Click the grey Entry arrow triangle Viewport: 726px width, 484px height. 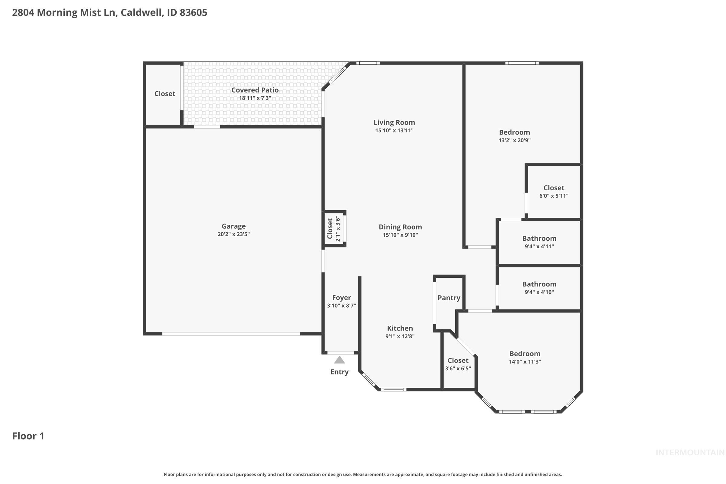click(x=339, y=360)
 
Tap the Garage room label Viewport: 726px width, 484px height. click(x=233, y=226)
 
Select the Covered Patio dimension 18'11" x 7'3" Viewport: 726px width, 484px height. click(x=255, y=98)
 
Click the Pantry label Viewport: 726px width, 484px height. click(x=449, y=298)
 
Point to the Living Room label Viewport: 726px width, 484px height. click(x=394, y=122)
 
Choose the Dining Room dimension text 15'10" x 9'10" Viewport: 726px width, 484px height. click(x=400, y=235)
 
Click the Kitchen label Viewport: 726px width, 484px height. click(x=400, y=328)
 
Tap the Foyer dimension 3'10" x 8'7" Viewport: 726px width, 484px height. click(x=342, y=306)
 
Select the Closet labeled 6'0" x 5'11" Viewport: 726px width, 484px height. click(x=554, y=188)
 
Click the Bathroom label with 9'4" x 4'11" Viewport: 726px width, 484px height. click(x=539, y=238)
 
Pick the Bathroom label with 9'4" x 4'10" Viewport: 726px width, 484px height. click(x=539, y=284)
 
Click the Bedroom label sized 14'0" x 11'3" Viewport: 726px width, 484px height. click(x=525, y=353)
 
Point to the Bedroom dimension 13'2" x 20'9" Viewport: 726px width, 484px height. click(x=514, y=140)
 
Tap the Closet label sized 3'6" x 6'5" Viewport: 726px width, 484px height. click(x=458, y=360)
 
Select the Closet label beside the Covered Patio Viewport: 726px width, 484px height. click(x=165, y=93)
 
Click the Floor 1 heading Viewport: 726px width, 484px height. click(x=28, y=436)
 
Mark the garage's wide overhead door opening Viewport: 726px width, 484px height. click(x=231, y=334)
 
